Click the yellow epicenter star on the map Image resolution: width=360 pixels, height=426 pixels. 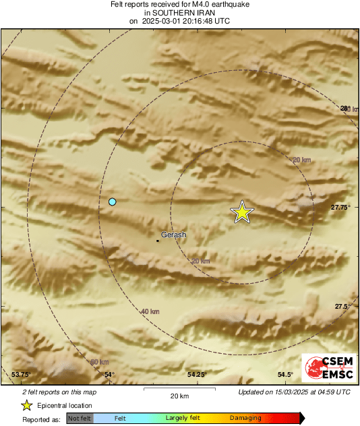point(242,212)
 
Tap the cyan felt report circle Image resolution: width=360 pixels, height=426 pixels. point(113,202)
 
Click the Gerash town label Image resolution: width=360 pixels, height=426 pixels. point(174,235)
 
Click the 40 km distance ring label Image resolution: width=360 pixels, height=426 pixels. point(150,311)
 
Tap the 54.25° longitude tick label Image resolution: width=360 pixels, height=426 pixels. point(196,375)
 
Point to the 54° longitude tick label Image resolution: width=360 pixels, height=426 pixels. point(109,375)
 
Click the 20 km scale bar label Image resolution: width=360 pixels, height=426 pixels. point(179,396)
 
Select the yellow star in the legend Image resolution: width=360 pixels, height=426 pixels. point(26,405)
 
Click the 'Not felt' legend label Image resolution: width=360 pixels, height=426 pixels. point(80,419)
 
